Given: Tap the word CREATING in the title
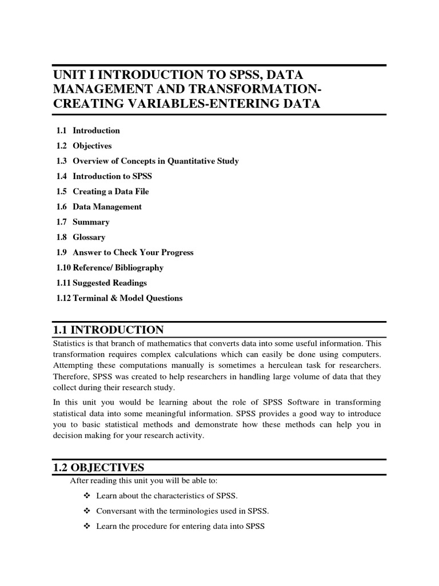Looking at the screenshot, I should coord(86,104).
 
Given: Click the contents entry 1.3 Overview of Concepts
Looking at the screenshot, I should coord(147,161).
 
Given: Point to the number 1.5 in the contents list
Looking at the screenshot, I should coord(62,191).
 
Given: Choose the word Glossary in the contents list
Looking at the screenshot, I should coord(89,237).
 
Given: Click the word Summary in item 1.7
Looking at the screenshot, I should coord(91,222).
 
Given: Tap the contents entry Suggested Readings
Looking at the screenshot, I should coord(109,283).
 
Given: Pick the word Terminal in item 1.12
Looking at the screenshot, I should coord(89,298).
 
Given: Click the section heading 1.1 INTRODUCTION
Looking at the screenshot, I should coord(108,330).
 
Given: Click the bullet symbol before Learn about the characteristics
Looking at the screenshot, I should coord(87,495).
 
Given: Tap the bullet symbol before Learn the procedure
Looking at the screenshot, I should coord(87,526).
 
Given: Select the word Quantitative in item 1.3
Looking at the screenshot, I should coord(188,161).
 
